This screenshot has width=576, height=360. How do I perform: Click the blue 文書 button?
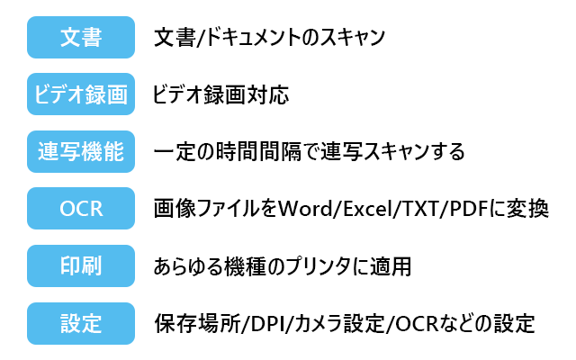click(x=81, y=38)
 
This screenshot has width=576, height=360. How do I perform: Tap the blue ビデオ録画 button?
click(x=81, y=94)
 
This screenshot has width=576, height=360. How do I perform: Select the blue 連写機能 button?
click(x=81, y=151)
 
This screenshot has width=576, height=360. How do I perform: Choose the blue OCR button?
click(x=81, y=209)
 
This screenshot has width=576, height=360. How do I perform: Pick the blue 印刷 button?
click(x=81, y=265)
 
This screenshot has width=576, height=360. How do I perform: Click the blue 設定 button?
click(x=81, y=322)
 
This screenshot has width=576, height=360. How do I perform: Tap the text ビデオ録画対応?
click(x=220, y=94)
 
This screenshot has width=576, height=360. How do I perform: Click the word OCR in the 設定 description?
click(x=411, y=322)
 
